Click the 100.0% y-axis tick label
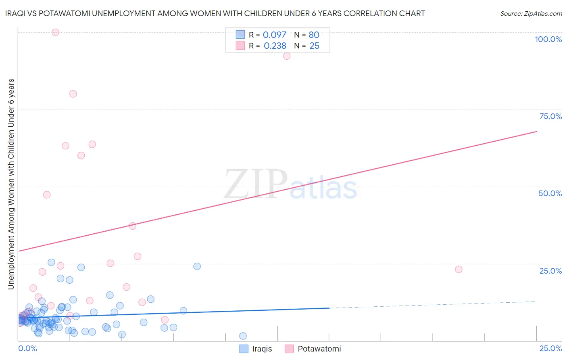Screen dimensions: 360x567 tap(548, 39)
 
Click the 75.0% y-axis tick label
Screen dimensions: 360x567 tap(550, 116)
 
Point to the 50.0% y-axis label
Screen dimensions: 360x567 tap(550, 193)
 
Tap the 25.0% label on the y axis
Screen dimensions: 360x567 tap(550, 271)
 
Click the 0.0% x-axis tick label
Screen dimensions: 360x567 tap(27, 348)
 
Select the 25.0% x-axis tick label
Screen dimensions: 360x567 tap(550, 348)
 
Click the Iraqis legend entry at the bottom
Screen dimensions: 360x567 tap(256, 349)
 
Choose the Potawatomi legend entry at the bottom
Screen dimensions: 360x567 tap(313, 349)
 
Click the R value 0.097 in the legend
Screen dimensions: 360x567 tap(274, 35)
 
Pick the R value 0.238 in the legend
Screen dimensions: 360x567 tap(275, 46)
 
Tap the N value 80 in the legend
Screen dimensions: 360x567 tap(314, 35)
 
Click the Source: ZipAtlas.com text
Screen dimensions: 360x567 tap(531, 13)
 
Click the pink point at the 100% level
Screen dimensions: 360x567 tap(56, 32)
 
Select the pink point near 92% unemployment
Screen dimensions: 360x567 tap(287, 56)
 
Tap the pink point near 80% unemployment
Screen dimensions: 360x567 tap(73, 94)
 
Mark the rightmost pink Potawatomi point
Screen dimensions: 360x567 tap(459, 269)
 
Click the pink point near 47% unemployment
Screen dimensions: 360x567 tap(47, 195)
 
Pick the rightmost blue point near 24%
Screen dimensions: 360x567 tap(197, 266)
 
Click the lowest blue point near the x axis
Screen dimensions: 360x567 tap(243, 336)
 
